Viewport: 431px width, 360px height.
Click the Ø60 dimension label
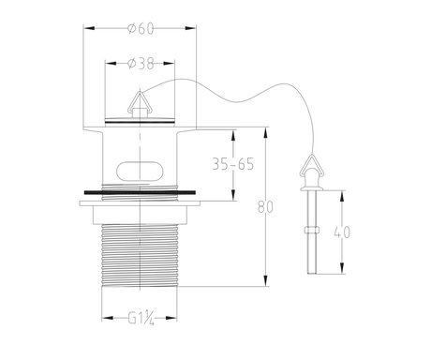tap(141, 29)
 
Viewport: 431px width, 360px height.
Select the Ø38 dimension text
tap(141, 64)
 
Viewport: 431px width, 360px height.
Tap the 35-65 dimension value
tap(233, 164)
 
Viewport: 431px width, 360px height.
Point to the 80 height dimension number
tap(265, 207)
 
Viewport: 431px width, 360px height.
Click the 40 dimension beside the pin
tap(342, 232)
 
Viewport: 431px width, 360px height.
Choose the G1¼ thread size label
tap(141, 319)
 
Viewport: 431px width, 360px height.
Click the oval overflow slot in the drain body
tap(140, 171)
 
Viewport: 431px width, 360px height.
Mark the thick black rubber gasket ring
tap(140, 192)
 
